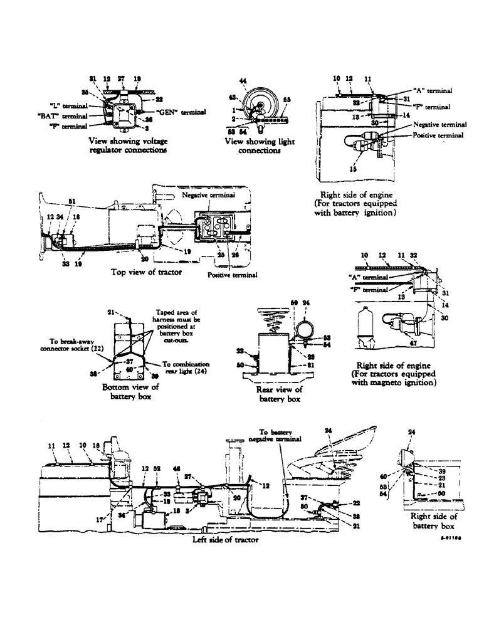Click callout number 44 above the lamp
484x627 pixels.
click(244, 81)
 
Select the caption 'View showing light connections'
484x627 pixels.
click(260, 146)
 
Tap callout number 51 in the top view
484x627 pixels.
click(72, 201)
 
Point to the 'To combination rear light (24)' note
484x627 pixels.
click(187, 367)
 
